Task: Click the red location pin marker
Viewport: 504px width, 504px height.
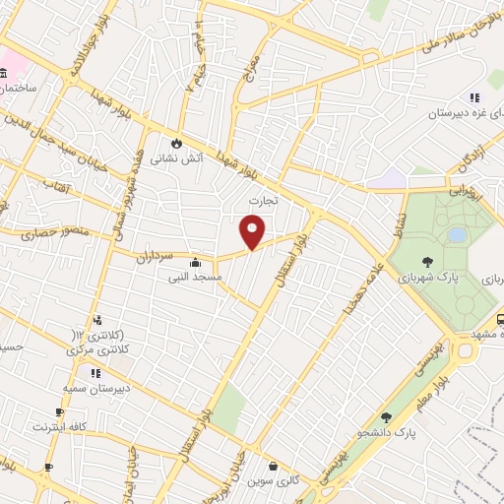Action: click(253, 233)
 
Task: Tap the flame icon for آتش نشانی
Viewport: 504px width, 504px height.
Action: click(177, 142)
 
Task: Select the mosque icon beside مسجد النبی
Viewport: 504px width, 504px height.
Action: click(195, 263)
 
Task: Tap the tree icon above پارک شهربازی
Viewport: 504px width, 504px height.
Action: click(427, 262)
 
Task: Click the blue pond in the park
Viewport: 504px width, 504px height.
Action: click(456, 235)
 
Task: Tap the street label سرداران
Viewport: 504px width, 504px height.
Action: click(156, 255)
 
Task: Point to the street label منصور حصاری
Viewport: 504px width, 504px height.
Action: click(49, 234)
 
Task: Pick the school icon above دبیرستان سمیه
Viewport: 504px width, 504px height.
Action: click(95, 374)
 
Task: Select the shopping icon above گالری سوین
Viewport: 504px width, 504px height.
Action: click(273, 467)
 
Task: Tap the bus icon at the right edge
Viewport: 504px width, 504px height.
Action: click(499, 319)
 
